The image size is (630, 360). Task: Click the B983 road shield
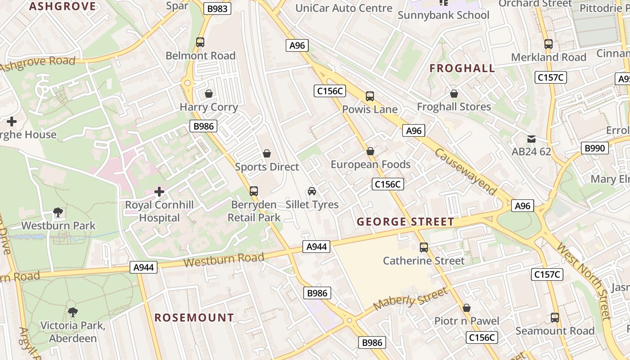pyautogui.click(x=217, y=9)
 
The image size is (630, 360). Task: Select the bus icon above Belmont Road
pyautogui.click(x=200, y=42)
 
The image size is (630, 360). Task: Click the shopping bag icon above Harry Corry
pyautogui.click(x=209, y=94)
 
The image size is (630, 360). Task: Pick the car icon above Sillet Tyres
pyautogui.click(x=312, y=191)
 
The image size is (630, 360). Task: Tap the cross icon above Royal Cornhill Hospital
pyautogui.click(x=159, y=192)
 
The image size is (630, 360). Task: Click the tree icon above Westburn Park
pyautogui.click(x=58, y=212)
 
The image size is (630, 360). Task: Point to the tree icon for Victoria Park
pyautogui.click(x=72, y=311)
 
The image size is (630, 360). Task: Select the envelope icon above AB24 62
pyautogui.click(x=531, y=139)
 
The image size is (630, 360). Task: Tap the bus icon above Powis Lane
pyautogui.click(x=370, y=96)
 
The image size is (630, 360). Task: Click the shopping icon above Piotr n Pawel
pyautogui.click(x=467, y=308)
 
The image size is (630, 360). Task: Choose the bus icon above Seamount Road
pyautogui.click(x=555, y=318)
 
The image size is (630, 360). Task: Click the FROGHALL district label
pyautogui.click(x=462, y=68)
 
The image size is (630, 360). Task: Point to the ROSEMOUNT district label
pyautogui.click(x=194, y=318)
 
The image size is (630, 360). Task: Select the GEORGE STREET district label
pyautogui.click(x=405, y=222)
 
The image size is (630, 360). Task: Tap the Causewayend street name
pyautogui.click(x=466, y=171)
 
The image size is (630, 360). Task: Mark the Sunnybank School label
pyautogui.click(x=443, y=15)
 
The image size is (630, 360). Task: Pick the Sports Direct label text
pyautogui.click(x=267, y=167)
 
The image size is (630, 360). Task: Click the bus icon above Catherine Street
pyautogui.click(x=424, y=247)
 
